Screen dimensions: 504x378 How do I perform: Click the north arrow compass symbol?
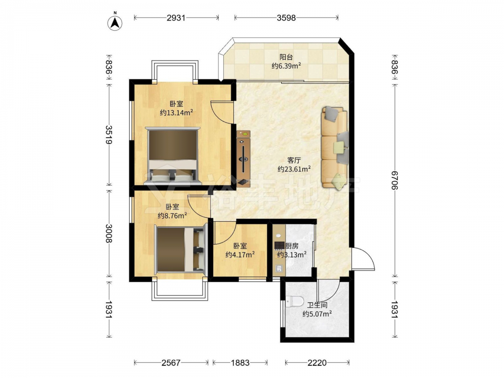(115, 22)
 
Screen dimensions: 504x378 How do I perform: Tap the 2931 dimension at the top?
(176, 18)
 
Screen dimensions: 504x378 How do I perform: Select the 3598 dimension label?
(286, 18)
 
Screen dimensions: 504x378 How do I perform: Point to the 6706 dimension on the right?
(395, 180)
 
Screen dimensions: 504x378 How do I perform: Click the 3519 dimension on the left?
(109, 135)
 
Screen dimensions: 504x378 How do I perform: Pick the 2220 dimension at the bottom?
(317, 363)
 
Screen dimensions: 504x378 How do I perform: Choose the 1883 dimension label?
(240, 363)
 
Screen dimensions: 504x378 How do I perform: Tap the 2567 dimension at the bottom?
(171, 363)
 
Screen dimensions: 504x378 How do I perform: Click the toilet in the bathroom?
(295, 301)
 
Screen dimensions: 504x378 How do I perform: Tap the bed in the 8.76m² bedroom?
(180, 249)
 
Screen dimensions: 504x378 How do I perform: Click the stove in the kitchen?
(279, 245)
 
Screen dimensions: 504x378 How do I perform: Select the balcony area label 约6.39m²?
(286, 66)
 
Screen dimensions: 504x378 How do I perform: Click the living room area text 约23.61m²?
(294, 169)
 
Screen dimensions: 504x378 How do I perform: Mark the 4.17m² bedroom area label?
(240, 255)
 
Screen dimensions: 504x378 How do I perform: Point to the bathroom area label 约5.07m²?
(317, 313)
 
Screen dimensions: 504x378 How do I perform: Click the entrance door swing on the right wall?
(363, 259)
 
